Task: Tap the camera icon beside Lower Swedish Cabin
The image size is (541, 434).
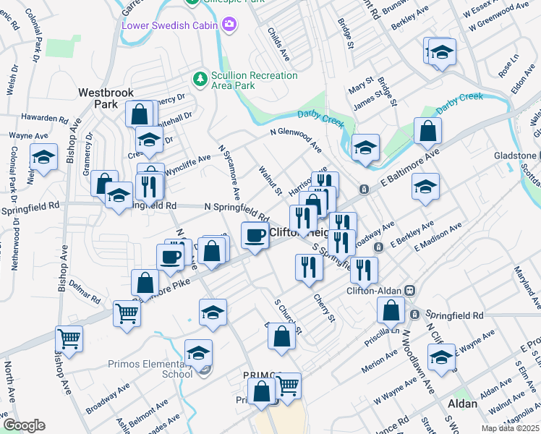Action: [230, 26]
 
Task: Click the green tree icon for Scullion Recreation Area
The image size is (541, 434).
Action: [199, 77]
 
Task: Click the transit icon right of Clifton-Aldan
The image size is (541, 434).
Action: [409, 291]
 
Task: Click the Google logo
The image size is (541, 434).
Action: [24, 425]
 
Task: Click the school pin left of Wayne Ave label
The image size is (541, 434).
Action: [441, 357]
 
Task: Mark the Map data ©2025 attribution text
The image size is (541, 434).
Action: [509, 427]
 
